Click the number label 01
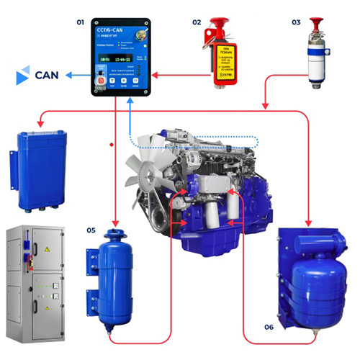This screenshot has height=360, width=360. [81, 23]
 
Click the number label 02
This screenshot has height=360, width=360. [196, 23]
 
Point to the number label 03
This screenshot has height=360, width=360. [296, 23]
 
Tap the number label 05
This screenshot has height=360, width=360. [91, 230]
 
